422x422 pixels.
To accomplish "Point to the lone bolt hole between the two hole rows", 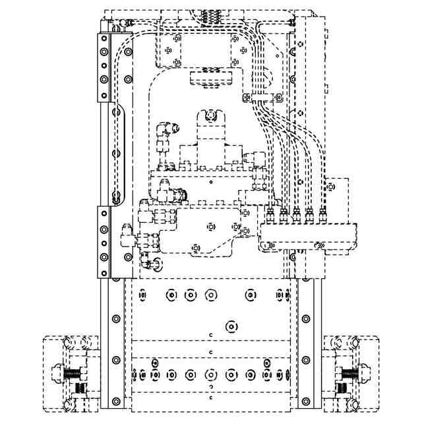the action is pyautogui.click(x=230, y=326).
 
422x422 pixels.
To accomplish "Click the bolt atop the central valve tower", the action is pyautogui.click(x=210, y=117).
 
